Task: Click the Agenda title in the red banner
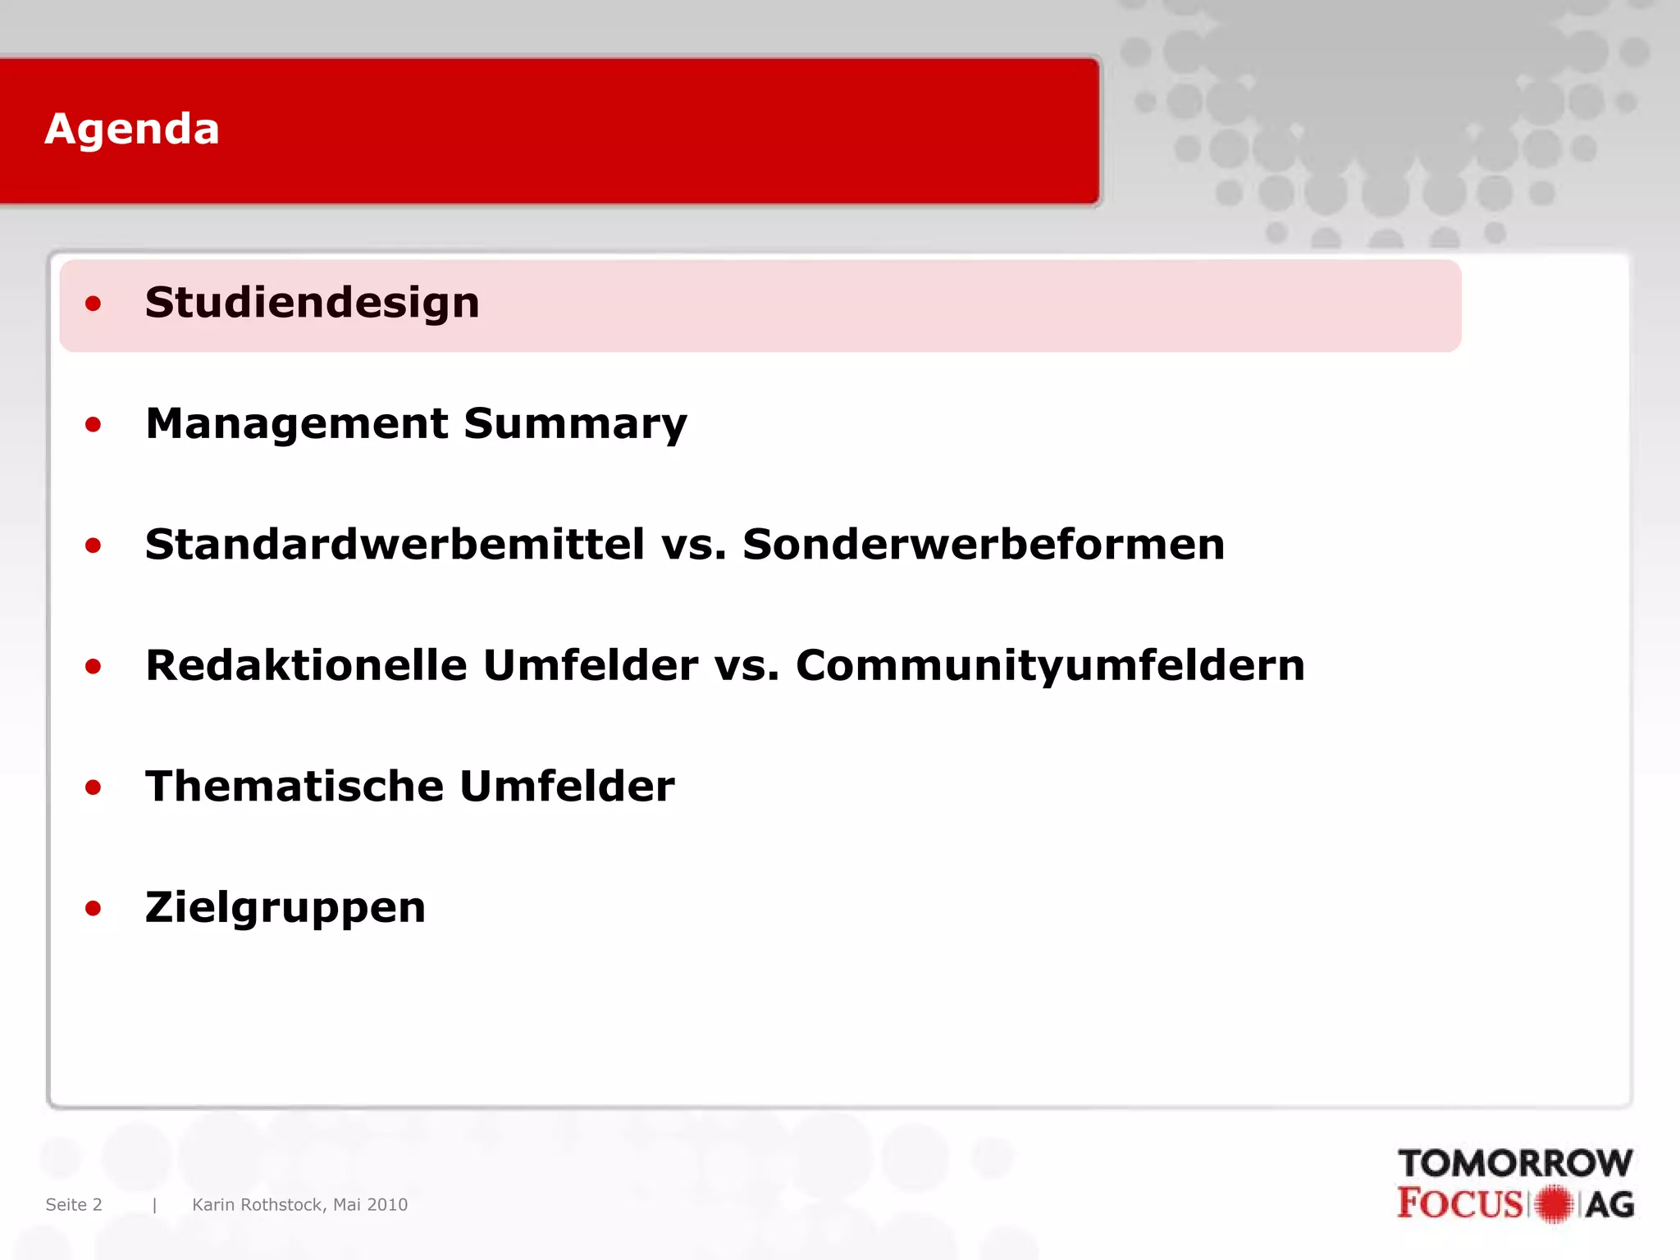(132, 129)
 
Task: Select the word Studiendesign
(312, 303)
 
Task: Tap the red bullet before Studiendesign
(94, 304)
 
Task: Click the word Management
(297, 424)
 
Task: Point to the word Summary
(575, 424)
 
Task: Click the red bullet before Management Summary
(94, 425)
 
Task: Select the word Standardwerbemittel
(395, 545)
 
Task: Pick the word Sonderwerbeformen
(984, 545)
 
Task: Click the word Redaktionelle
(305, 665)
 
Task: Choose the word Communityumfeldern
(1050, 665)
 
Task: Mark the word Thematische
(294, 786)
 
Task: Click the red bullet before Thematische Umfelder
(94, 787)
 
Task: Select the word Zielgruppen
(285, 907)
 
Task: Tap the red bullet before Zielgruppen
(94, 908)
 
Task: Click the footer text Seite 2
(74, 1204)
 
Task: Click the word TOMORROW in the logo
(1515, 1163)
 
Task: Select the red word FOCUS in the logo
(1460, 1203)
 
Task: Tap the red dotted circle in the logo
(1553, 1204)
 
